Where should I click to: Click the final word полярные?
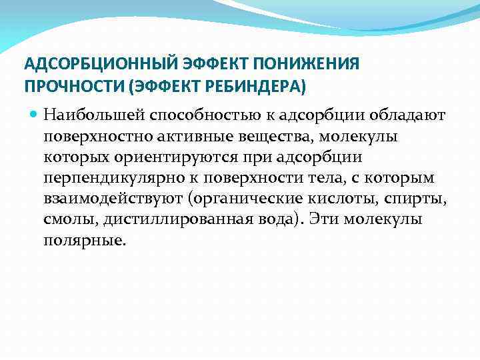[x=83, y=241]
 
